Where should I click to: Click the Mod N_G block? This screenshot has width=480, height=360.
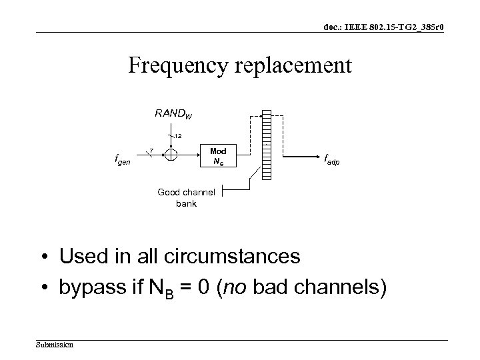pyautogui.click(x=218, y=157)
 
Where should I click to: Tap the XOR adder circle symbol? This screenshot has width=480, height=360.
pyautogui.click(x=171, y=155)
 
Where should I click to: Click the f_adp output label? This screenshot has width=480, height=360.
pyautogui.click(x=335, y=159)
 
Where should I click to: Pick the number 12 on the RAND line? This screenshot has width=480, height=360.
pyautogui.click(x=179, y=135)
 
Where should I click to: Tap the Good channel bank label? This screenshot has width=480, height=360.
pyautogui.click(x=186, y=197)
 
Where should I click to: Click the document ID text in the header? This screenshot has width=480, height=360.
pyautogui.click(x=385, y=27)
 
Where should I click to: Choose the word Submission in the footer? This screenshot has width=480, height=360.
pyautogui.click(x=55, y=345)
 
